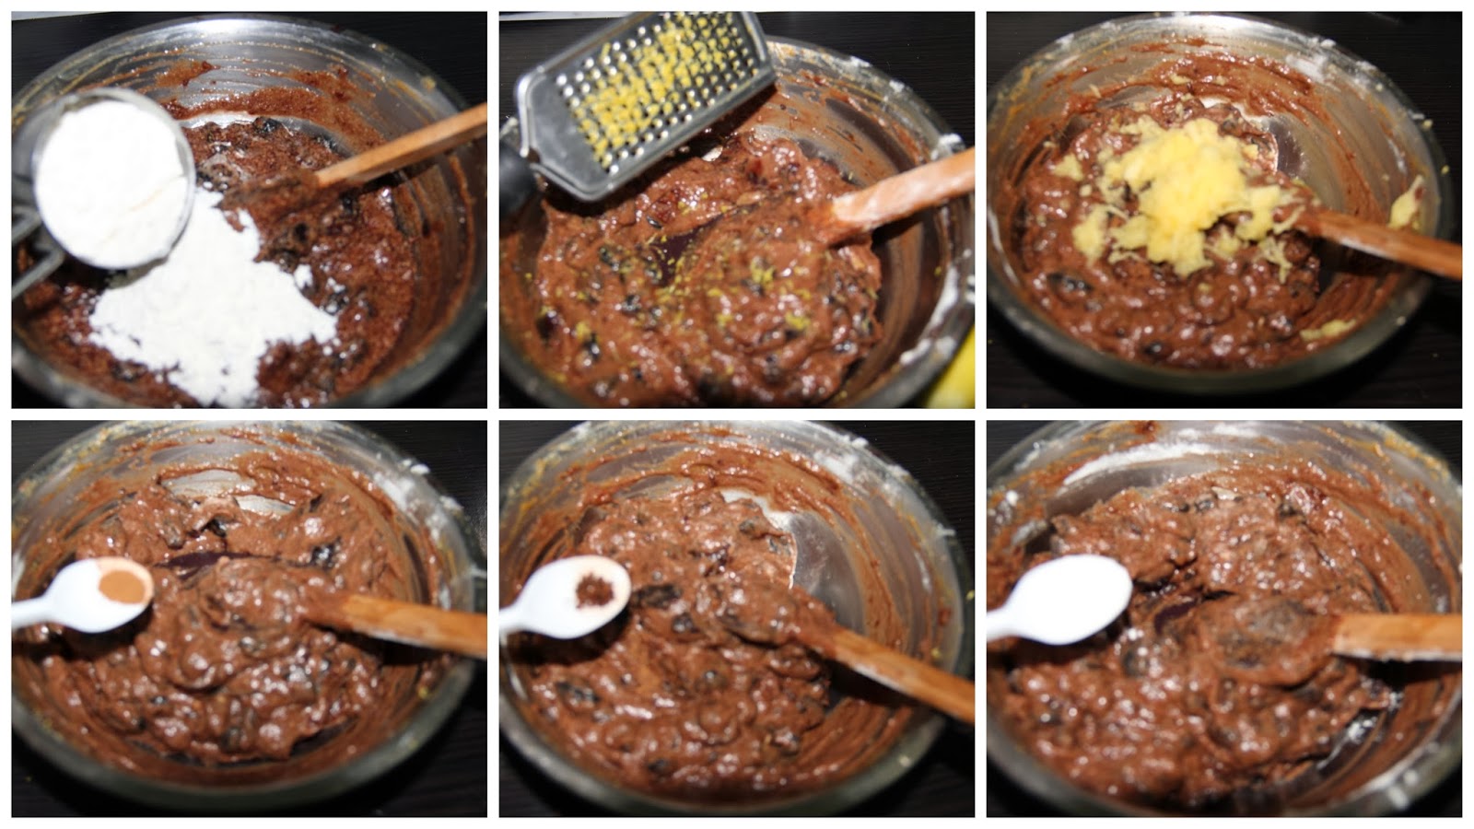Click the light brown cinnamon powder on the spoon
click(x=129, y=586)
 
